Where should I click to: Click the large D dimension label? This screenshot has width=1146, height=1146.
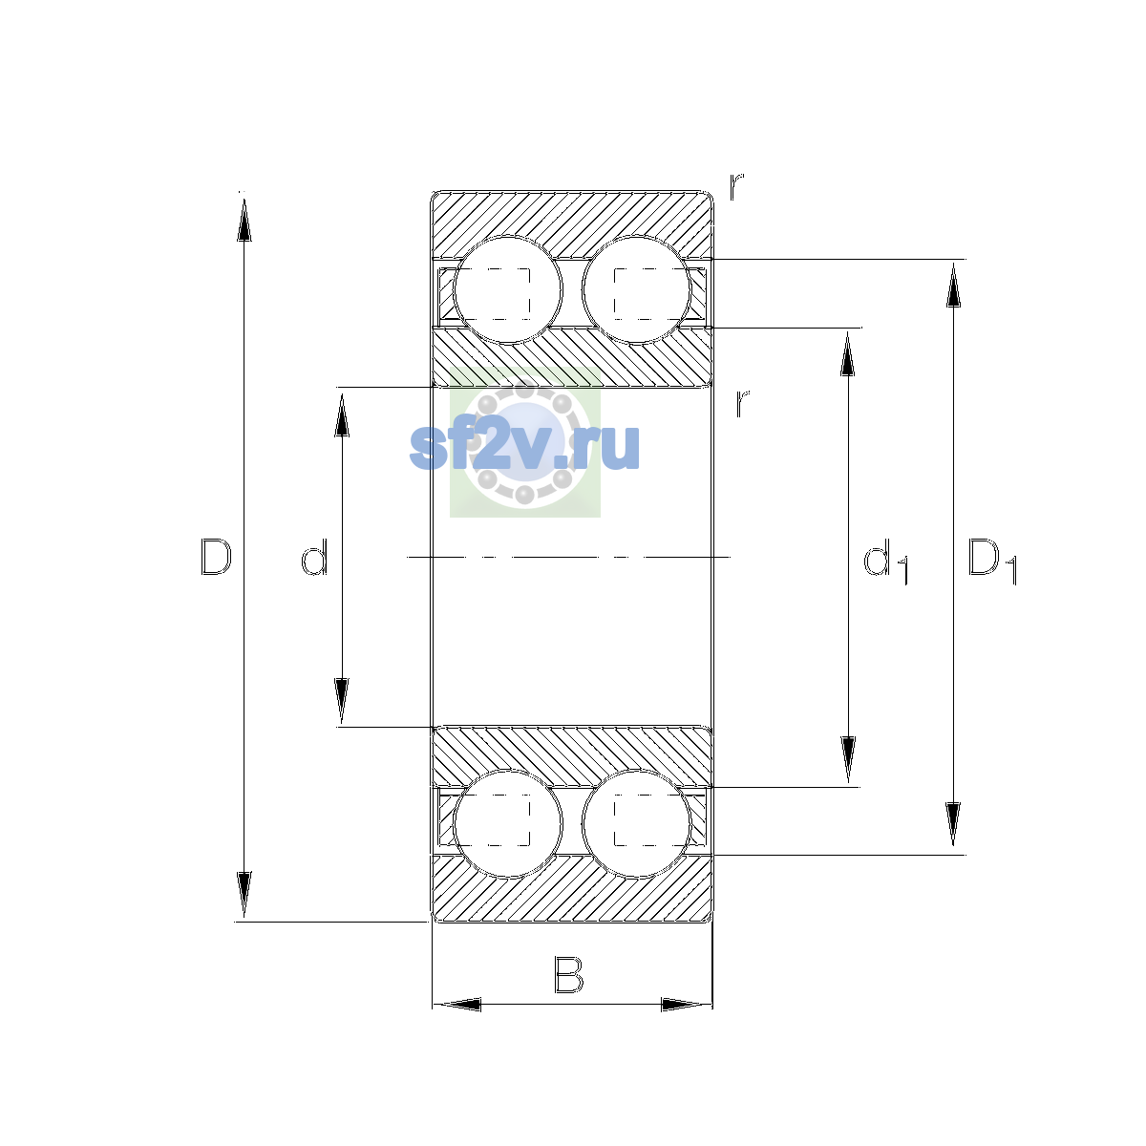click(x=216, y=557)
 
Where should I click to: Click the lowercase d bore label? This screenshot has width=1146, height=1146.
click(x=314, y=557)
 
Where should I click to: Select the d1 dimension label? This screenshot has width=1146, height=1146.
click(x=885, y=561)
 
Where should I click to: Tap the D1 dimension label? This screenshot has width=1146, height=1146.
click(x=992, y=561)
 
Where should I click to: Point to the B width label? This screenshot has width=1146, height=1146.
click(x=568, y=975)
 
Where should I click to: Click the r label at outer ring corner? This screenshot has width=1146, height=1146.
click(x=736, y=186)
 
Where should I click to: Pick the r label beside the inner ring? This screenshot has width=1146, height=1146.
click(x=742, y=403)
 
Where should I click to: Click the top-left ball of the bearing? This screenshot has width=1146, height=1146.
click(x=507, y=289)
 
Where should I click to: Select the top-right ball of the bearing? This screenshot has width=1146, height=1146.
click(x=636, y=289)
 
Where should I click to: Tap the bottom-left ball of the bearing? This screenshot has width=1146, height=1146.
click(x=507, y=823)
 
